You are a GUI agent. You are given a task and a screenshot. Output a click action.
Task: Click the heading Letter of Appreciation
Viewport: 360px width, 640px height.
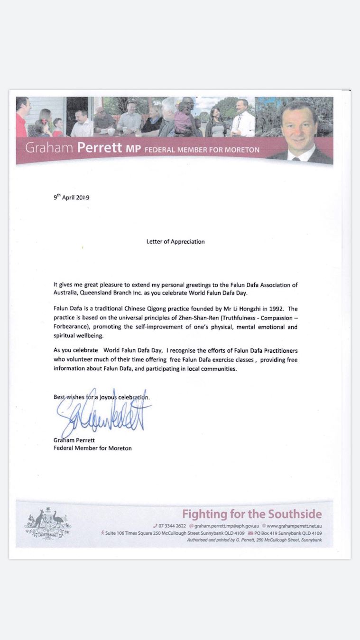[x=175, y=241]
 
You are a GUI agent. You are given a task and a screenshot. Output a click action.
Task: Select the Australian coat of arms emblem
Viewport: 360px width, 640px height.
[x=47, y=523]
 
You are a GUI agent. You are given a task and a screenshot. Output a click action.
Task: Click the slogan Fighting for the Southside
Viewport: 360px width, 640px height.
[x=252, y=514]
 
